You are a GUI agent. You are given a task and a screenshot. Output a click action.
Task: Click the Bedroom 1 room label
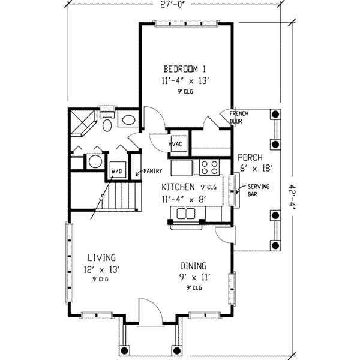pyautogui.click(x=185, y=69)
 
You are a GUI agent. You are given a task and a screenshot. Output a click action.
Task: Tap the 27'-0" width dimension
pyautogui.click(x=172, y=5)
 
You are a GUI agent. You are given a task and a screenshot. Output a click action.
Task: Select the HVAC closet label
pyautogui.click(x=176, y=144)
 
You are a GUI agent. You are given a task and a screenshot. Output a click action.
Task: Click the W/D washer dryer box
pyautogui.click(x=118, y=170)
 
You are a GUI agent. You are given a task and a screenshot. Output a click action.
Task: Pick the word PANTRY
pyautogui.click(x=152, y=171)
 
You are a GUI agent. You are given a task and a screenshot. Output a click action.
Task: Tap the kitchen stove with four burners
pyautogui.click(x=209, y=167)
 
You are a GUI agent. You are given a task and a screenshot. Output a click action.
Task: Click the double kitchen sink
pyautogui.click(x=186, y=214)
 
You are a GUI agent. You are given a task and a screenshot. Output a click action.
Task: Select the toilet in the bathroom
pyautogui.click(x=107, y=122)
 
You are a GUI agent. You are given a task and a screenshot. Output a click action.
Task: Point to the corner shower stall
pyautogui.click(x=83, y=124)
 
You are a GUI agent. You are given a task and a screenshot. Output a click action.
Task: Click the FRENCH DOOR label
pyautogui.click(x=239, y=117)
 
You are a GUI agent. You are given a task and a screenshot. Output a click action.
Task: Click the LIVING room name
pyautogui.click(x=102, y=257)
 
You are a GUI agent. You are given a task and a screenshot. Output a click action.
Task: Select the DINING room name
pyautogui.click(x=194, y=266)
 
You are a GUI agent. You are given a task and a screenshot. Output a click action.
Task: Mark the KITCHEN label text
pyautogui.click(x=178, y=187)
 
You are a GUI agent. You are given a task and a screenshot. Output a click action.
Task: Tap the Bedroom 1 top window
pyautogui.click(x=185, y=23)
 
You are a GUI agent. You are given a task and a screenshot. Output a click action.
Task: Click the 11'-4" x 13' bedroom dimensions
pyautogui.click(x=186, y=81)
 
